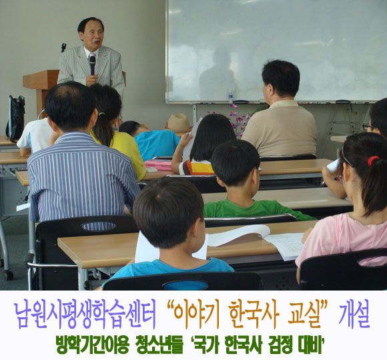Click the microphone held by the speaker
point(92,65)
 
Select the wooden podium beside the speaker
point(41,89)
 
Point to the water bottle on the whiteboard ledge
point(230,96)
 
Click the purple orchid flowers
point(238,120)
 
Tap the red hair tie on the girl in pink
point(372,160)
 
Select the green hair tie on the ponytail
point(101,114)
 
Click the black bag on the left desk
point(15,118)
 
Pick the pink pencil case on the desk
point(158,165)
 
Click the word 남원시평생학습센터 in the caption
point(85,315)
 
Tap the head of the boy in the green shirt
point(234,163)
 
